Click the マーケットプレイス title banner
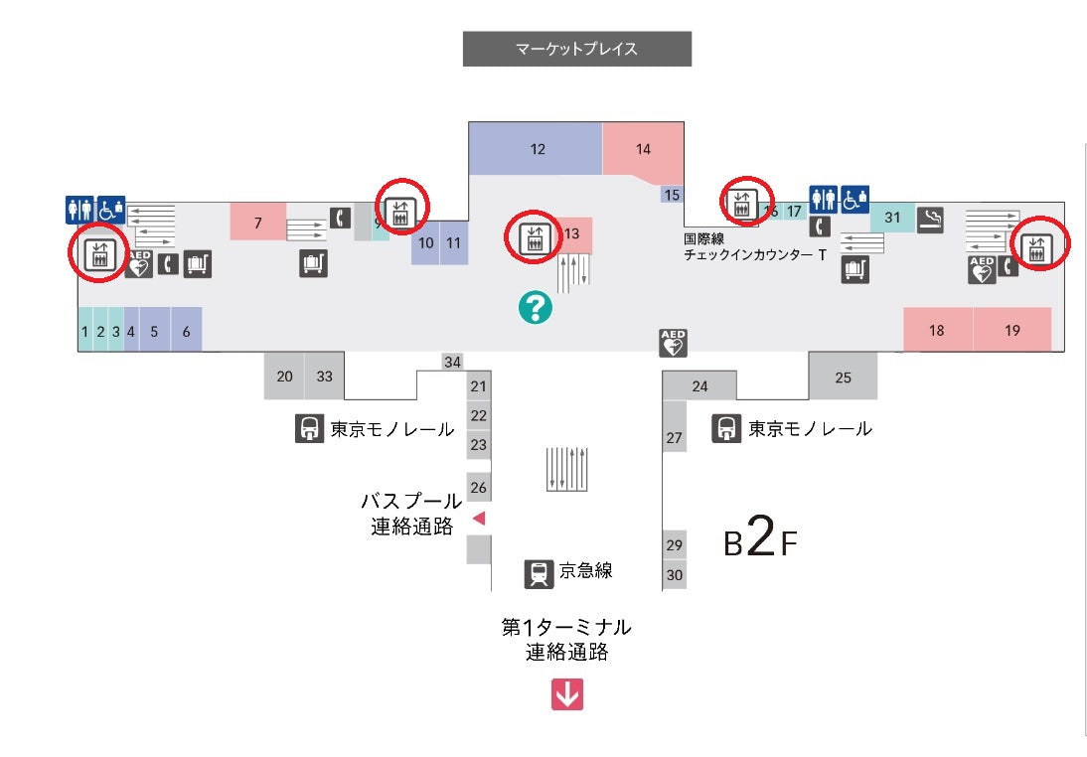pos(576,49)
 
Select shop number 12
pos(537,149)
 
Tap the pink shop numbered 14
pos(643,149)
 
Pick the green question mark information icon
pos(535,308)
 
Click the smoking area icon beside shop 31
pos(930,220)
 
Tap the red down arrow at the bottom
pos(567,694)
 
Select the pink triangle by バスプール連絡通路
pos(478,518)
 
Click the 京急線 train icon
pos(539,573)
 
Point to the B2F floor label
pos(760,540)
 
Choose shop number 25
pos(843,377)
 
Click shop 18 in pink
pos(936,330)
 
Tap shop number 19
pos(1011,330)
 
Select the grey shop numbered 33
pos(325,377)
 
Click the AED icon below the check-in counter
pos(674,343)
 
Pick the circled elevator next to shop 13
pos(533,238)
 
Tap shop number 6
pos(186,331)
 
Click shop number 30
pos(675,574)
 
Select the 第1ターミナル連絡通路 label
pos(566,640)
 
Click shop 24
pos(699,385)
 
